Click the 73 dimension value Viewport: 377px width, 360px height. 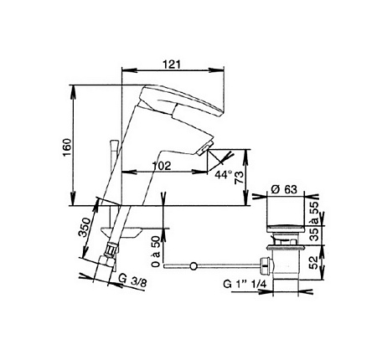point(239,177)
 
